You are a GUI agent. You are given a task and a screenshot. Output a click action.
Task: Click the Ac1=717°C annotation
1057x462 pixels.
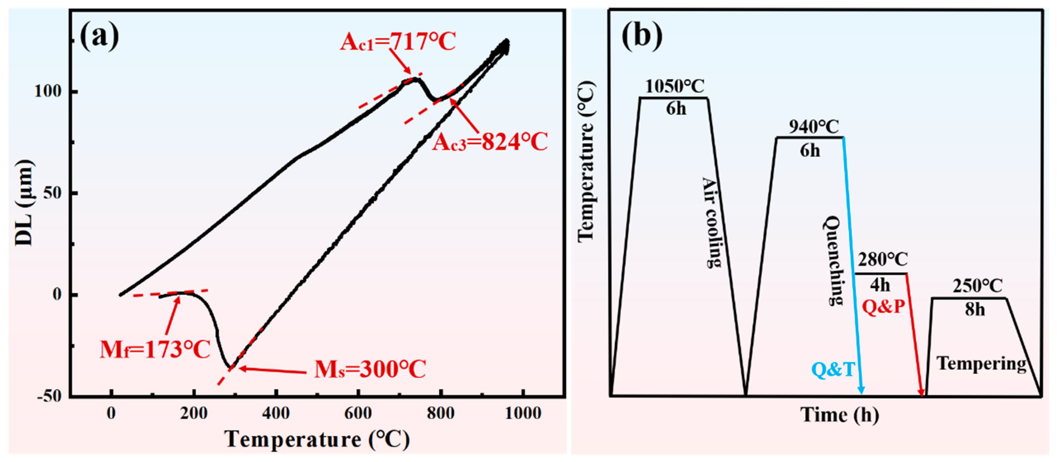click(x=398, y=41)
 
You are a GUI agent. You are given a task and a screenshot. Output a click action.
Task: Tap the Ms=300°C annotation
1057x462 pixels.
click(x=370, y=369)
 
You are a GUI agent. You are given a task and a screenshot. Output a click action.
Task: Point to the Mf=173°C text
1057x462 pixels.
click(x=155, y=350)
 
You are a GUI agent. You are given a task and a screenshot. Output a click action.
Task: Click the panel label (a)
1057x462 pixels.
click(x=99, y=36)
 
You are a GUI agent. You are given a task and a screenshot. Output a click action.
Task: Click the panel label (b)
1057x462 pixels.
click(x=642, y=36)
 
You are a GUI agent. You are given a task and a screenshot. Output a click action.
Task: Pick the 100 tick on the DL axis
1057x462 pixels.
click(x=48, y=91)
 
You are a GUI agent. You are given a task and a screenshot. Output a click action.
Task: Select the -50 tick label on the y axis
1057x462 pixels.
click(x=48, y=396)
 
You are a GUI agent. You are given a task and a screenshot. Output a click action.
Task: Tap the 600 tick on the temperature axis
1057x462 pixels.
click(x=358, y=413)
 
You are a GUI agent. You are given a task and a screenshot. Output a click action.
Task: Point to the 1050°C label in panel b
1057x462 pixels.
click(x=675, y=86)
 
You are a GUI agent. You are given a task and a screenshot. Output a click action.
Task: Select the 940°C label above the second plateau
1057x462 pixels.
click(x=814, y=127)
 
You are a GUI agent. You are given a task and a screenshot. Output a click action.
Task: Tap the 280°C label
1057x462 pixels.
click(x=883, y=259)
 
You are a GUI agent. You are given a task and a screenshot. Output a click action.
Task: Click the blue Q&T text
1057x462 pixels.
click(x=833, y=370)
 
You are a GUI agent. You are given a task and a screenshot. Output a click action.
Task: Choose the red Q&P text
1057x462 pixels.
click(x=883, y=306)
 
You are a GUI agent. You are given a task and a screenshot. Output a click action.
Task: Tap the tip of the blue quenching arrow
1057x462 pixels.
click(x=862, y=393)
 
